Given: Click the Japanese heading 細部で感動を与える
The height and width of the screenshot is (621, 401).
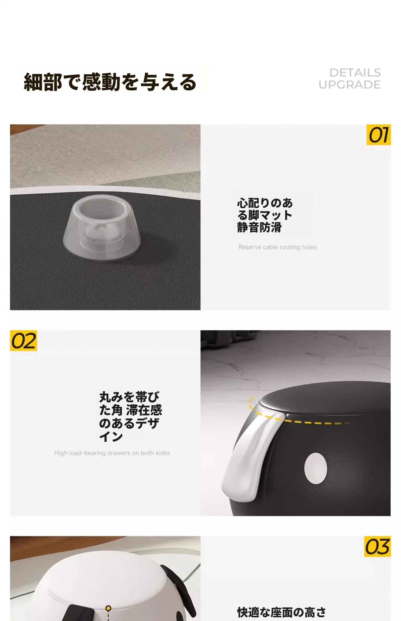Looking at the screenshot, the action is (x=110, y=82).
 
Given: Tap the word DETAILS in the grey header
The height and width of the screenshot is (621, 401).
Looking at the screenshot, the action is (x=355, y=73).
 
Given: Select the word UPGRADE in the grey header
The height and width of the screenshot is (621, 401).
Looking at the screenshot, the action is (x=349, y=85).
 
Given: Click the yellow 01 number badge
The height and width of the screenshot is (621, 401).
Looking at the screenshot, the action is (x=378, y=135).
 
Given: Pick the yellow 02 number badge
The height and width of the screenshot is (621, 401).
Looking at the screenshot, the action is (x=23, y=341).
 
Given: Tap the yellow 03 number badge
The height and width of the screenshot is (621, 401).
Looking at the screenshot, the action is (x=377, y=546).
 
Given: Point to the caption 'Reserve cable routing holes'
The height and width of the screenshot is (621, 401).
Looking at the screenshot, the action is (x=278, y=247).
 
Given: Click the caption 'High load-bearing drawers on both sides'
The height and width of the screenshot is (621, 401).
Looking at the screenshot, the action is (x=112, y=453).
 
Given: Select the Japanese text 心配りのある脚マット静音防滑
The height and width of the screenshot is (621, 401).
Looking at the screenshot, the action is (x=265, y=215).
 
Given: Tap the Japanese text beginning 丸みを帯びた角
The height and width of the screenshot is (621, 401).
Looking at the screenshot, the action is (x=130, y=416).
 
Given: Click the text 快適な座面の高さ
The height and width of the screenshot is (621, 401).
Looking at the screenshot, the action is (x=281, y=612).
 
